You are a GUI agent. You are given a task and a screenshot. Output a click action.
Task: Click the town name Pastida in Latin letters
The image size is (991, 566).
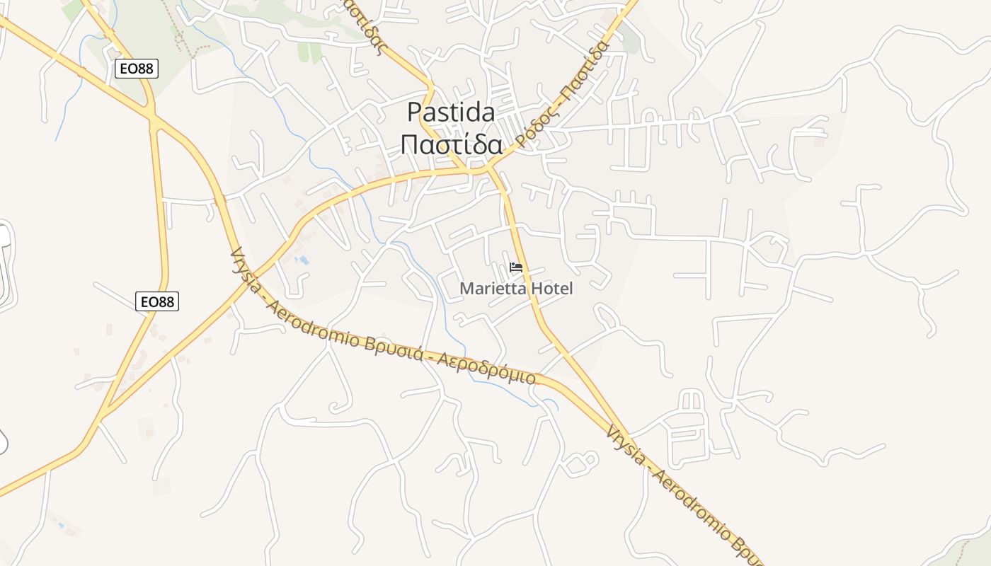451,112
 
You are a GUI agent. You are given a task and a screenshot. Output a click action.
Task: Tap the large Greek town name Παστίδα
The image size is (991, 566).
451,144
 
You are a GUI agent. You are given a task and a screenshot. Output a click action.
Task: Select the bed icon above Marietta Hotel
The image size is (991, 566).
516,267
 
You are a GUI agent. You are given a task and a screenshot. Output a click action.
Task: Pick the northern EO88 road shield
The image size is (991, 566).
137,69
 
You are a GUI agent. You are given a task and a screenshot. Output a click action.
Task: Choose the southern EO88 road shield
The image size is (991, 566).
157,301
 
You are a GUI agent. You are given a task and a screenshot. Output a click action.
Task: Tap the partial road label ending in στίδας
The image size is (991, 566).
368,28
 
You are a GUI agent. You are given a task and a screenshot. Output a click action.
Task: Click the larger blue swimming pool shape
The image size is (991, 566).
303,260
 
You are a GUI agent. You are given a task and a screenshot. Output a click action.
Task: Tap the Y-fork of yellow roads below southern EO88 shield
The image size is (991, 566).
105,412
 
